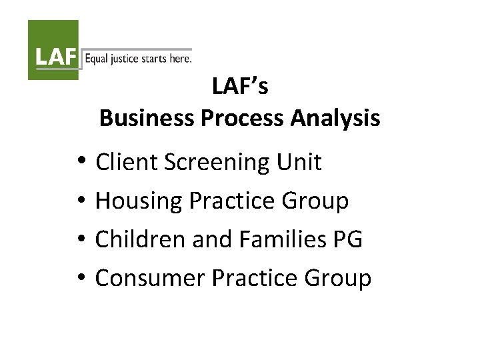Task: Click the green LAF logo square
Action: (53, 50)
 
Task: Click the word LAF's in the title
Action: (240, 86)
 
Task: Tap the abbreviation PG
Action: (347, 239)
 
